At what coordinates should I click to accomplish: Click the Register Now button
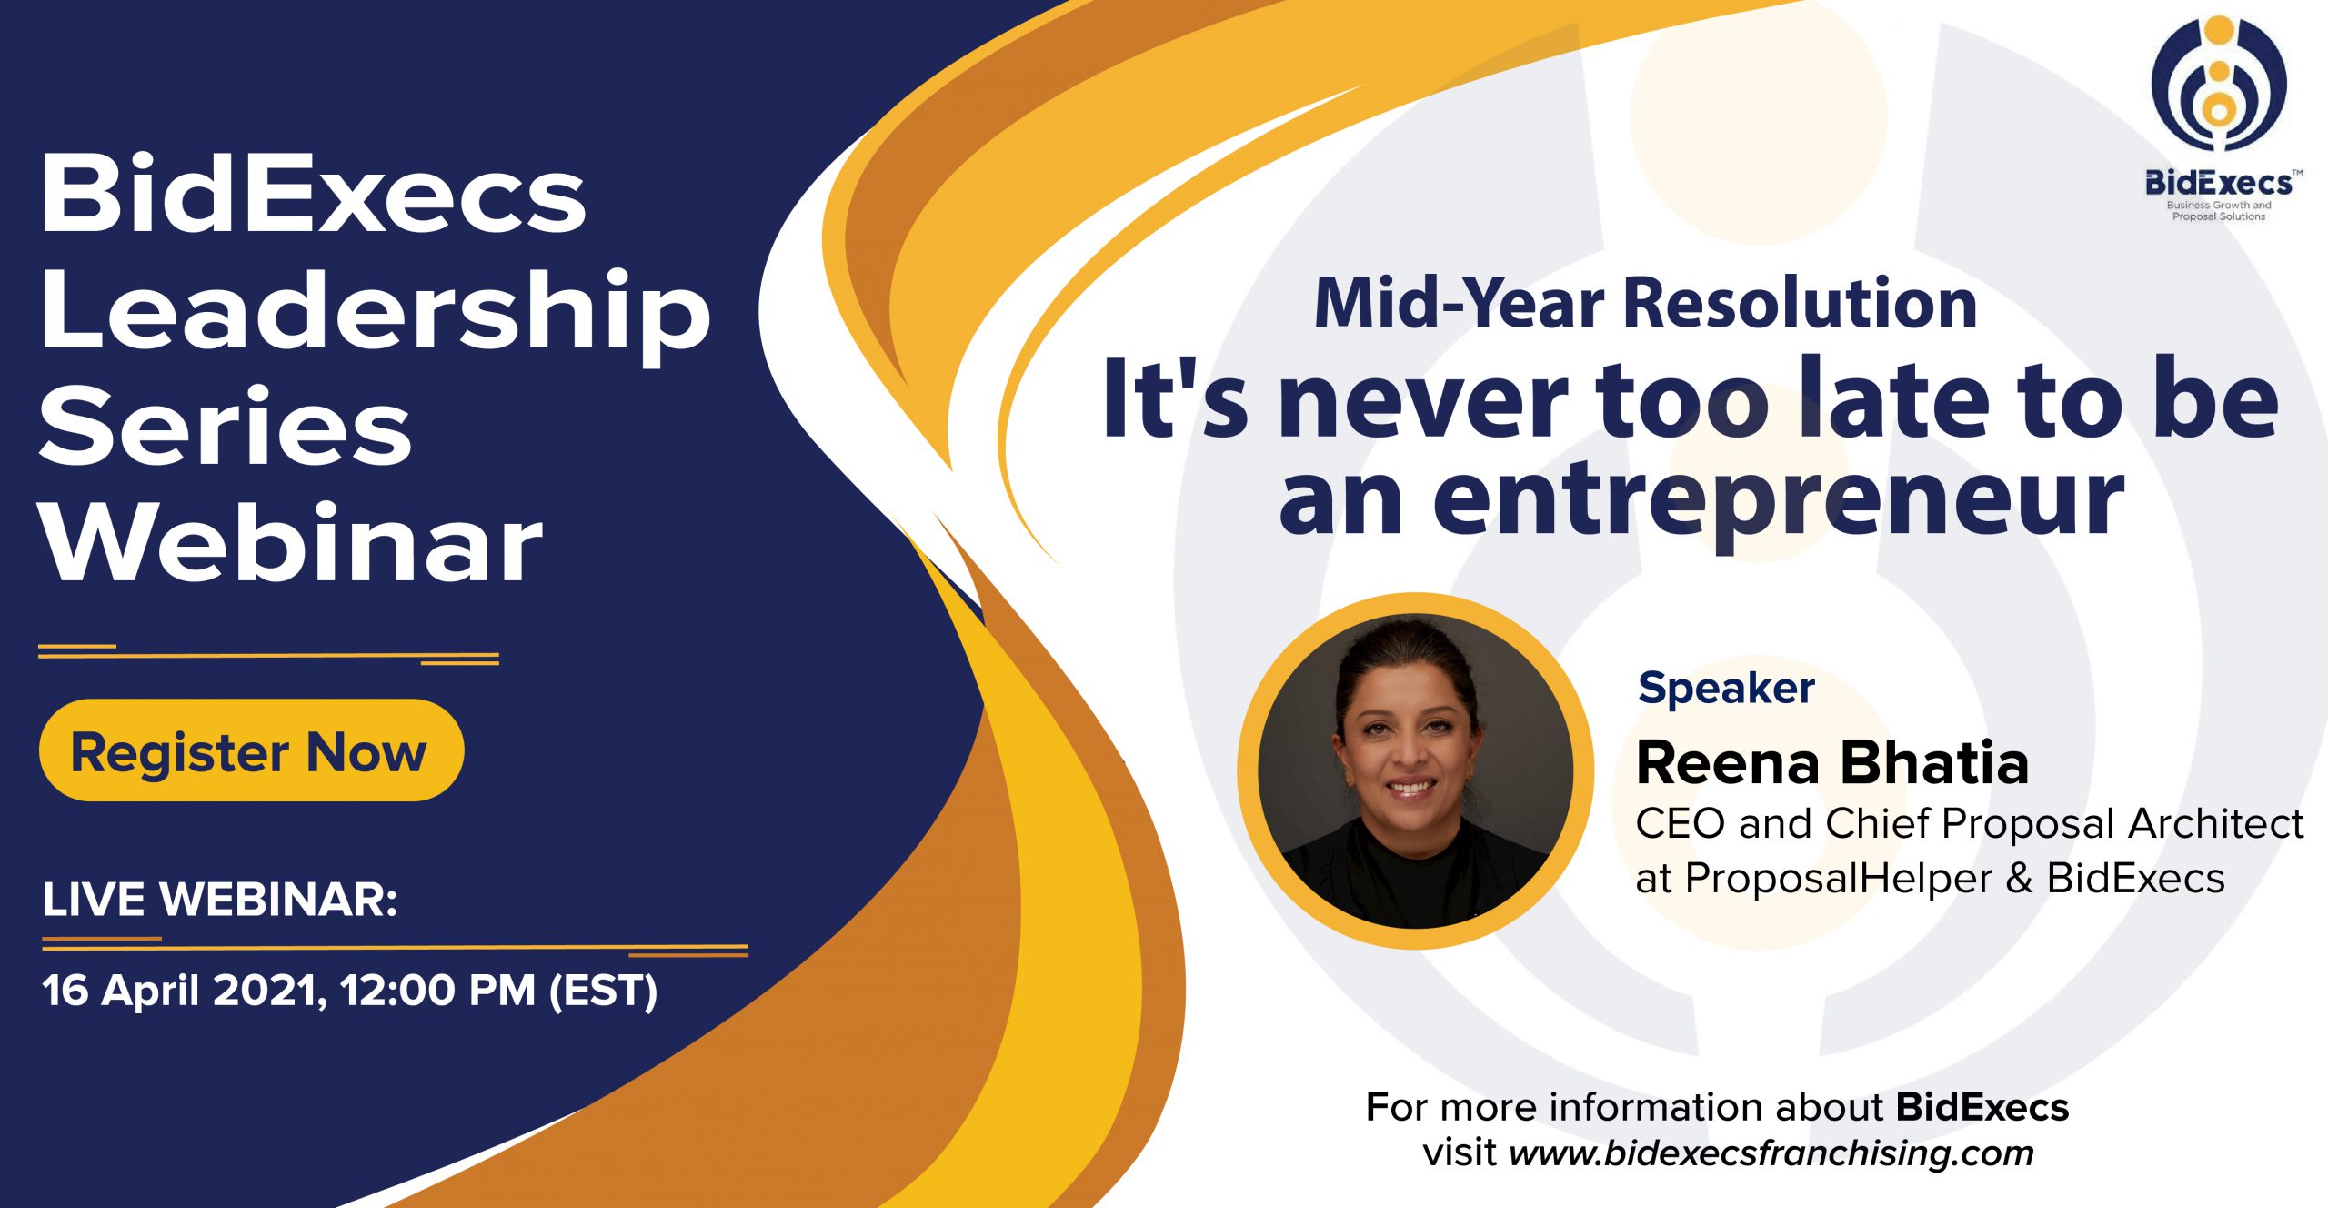[251, 750]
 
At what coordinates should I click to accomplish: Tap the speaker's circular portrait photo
[1415, 770]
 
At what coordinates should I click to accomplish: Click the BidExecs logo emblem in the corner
[2219, 83]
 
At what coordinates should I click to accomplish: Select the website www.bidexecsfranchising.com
[1771, 1153]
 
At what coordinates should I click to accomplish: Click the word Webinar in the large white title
[291, 542]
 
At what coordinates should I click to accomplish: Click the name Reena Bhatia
[1832, 761]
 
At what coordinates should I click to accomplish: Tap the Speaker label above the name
[1726, 689]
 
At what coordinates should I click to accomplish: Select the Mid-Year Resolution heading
[1646, 303]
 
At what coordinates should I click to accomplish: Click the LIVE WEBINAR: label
[220, 900]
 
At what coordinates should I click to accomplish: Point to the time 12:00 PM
[438, 990]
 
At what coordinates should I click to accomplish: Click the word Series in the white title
[226, 426]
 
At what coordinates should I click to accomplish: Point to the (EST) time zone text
[603, 991]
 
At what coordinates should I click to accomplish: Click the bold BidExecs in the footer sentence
[1982, 1107]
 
